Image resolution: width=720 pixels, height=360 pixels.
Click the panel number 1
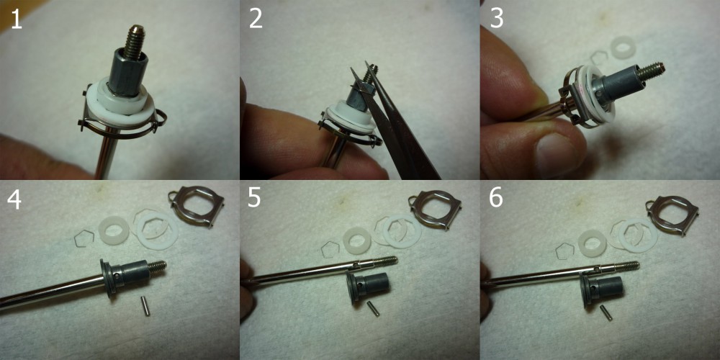click(17, 19)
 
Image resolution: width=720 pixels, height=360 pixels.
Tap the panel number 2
click(256, 19)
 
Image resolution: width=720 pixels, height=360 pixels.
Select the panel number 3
click(496, 19)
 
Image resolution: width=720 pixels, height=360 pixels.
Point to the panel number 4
click(14, 199)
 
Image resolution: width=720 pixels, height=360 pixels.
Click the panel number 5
click(255, 199)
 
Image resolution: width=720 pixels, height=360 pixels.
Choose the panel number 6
click(496, 199)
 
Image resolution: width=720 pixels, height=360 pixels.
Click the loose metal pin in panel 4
click(145, 306)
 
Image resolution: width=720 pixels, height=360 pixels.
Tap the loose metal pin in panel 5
click(373, 309)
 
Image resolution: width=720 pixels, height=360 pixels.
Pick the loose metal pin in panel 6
click(606, 312)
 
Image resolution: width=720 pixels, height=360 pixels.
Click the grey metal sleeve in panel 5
click(368, 287)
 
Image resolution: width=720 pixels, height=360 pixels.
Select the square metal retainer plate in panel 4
click(197, 207)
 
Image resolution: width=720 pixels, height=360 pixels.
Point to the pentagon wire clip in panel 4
click(84, 236)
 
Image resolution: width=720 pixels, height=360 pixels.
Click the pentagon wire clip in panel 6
click(564, 251)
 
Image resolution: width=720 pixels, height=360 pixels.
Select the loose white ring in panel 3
click(623, 47)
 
